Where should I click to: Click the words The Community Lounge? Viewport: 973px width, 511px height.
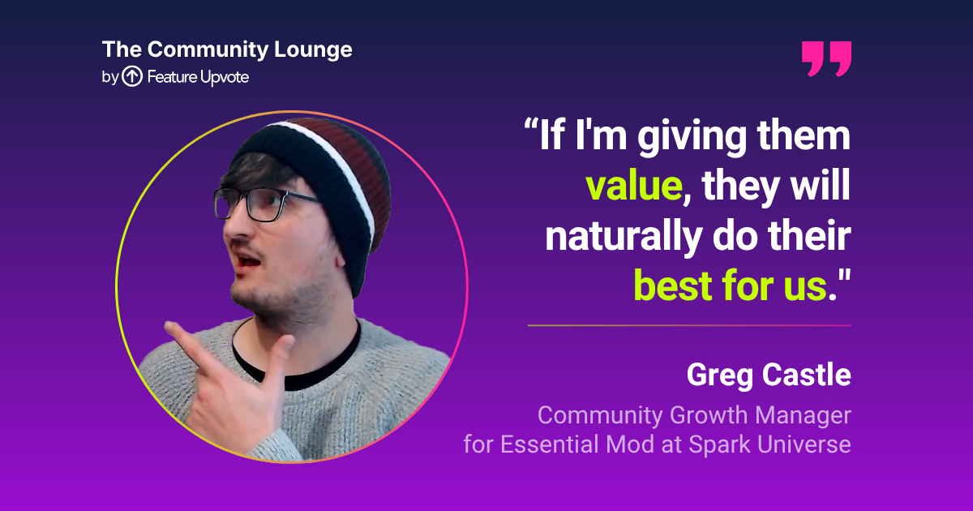[x=227, y=50]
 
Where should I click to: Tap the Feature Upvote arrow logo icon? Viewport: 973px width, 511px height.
[x=132, y=76]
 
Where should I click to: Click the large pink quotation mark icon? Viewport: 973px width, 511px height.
[x=826, y=59]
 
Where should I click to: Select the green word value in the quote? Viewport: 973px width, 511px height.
[x=634, y=186]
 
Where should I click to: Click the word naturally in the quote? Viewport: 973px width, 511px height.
[x=624, y=237]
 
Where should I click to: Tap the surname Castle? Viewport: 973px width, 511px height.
[x=807, y=375]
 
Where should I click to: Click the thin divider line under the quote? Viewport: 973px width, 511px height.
[x=689, y=325]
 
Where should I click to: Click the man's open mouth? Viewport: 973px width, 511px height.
[x=247, y=261]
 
